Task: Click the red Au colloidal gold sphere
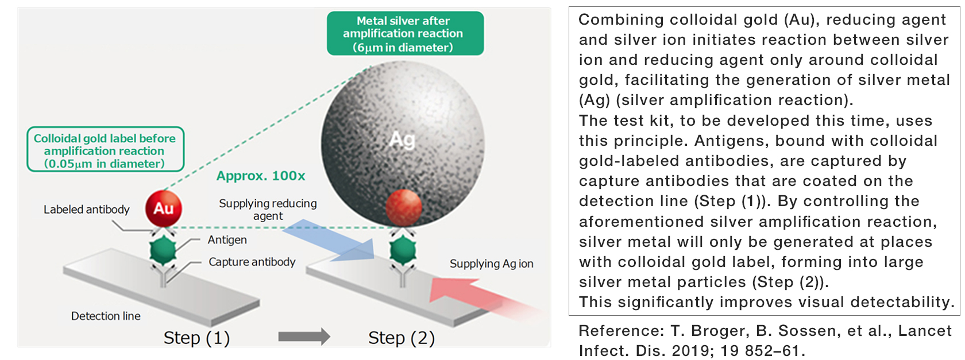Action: [163, 208]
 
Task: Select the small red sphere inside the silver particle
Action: [403, 207]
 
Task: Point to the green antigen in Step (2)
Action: [403, 250]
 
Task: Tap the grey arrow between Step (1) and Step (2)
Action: [304, 336]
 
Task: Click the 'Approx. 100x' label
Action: [261, 176]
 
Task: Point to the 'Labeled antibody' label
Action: [87, 210]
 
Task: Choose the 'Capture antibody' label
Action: [252, 262]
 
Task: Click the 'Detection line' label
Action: [106, 316]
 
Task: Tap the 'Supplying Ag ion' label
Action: [491, 264]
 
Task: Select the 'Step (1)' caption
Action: [196, 338]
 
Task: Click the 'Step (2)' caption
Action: [402, 338]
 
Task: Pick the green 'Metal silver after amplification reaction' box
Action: [405, 34]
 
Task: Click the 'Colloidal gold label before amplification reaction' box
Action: [105, 150]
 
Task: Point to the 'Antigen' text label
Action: [227, 240]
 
